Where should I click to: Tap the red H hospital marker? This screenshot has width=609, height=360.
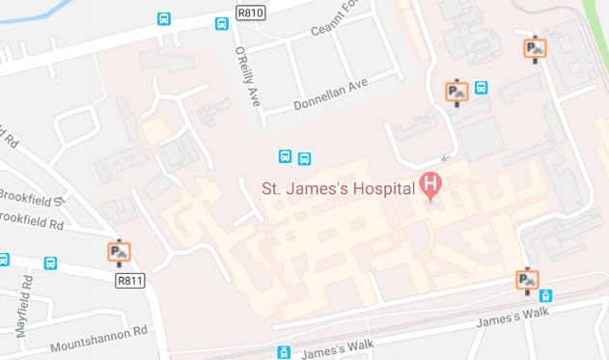(x=431, y=183)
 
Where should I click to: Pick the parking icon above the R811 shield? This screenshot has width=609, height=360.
(x=119, y=253)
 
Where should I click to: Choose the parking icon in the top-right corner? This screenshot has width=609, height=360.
(x=534, y=48)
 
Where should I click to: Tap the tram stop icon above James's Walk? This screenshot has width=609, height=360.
(x=546, y=296)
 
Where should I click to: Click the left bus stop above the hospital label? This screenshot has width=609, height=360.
(x=286, y=157)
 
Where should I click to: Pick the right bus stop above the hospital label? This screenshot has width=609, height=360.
(x=305, y=157)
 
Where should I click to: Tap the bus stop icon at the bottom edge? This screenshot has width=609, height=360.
(x=283, y=353)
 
